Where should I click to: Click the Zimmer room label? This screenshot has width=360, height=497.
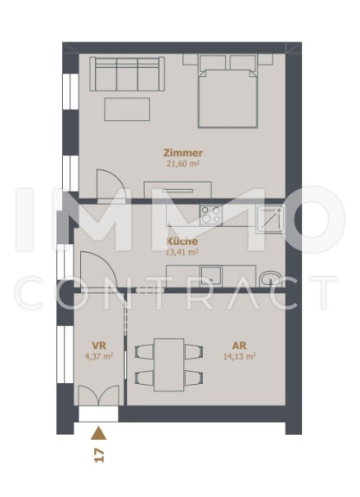click(x=183, y=153)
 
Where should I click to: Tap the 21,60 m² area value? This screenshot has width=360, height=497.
click(x=183, y=164)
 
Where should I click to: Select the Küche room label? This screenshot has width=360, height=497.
click(x=182, y=242)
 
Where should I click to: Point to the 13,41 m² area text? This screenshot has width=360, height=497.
click(x=182, y=252)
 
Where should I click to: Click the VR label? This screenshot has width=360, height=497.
click(x=99, y=345)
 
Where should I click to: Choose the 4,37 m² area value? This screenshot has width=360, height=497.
click(x=99, y=356)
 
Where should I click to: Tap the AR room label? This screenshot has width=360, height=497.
click(x=239, y=345)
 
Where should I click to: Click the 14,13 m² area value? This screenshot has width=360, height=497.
click(x=239, y=356)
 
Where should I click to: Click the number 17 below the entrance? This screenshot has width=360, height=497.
click(x=99, y=456)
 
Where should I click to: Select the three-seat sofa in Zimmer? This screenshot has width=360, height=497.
click(x=127, y=74)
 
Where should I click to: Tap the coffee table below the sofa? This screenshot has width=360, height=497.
click(x=127, y=109)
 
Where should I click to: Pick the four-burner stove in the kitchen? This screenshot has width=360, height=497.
click(x=211, y=215)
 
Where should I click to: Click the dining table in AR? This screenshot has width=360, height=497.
click(x=168, y=365)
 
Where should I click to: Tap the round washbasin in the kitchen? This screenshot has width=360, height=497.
click(x=270, y=279)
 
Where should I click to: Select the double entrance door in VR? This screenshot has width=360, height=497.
click(x=98, y=395)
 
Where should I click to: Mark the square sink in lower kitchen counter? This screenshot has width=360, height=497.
click(x=212, y=276)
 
